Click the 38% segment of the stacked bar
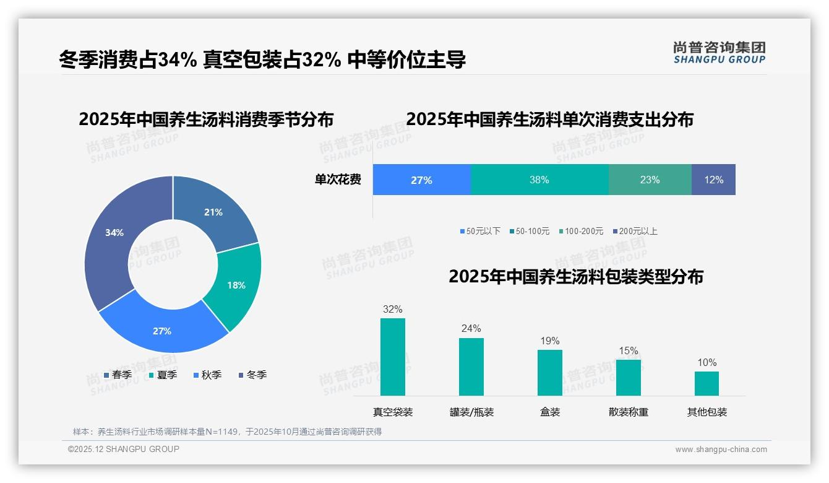click(x=539, y=180)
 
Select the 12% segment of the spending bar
click(x=713, y=180)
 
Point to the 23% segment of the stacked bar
click(x=650, y=180)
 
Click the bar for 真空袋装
click(x=392, y=357)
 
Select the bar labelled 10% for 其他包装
click(x=707, y=383)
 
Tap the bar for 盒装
click(x=549, y=373)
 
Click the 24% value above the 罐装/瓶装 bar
click(x=471, y=329)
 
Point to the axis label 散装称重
click(x=628, y=412)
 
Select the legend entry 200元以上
click(x=637, y=231)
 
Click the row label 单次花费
click(x=338, y=180)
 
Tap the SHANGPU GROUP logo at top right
click(x=719, y=53)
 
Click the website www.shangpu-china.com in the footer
click(x=721, y=450)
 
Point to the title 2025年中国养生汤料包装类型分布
click(x=575, y=276)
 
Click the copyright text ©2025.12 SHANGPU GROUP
click(x=124, y=449)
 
